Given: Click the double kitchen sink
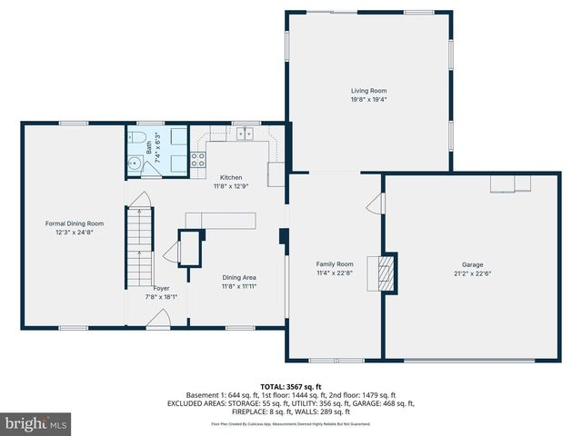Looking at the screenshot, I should [245, 134].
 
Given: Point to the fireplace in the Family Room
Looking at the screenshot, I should [387, 272].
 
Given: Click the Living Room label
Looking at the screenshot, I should [369, 91].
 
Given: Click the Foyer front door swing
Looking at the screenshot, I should [157, 317].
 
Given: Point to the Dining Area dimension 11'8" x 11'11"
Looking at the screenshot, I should [240, 286].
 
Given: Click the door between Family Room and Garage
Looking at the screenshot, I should [374, 204].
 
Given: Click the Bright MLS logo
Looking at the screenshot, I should [36, 423].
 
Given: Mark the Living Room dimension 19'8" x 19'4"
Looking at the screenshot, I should [369, 100].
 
